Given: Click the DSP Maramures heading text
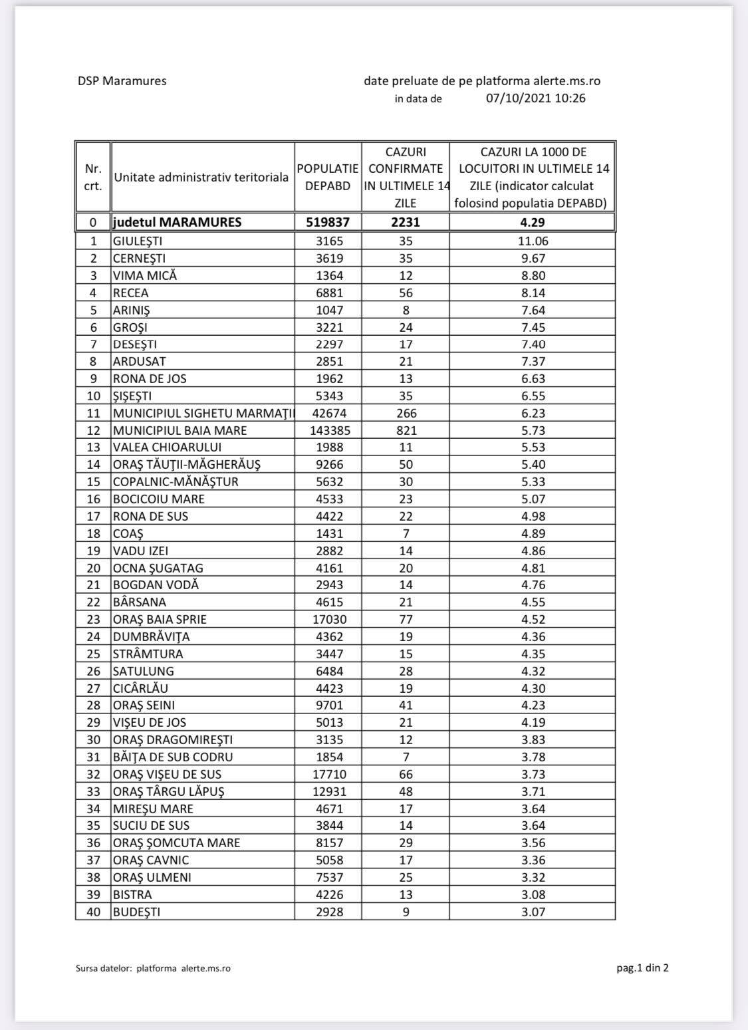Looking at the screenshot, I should click(122, 81).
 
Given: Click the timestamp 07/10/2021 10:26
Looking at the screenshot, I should click(535, 98).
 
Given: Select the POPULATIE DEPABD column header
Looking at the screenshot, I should click(328, 178).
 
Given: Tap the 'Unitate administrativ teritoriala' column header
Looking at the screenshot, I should click(201, 178).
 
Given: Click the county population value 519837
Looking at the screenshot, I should click(328, 222).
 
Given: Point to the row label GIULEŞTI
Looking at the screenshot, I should click(138, 241).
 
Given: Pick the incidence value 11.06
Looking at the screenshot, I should click(533, 241).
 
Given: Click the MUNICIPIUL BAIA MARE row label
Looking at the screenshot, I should click(180, 430).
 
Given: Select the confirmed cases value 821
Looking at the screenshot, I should click(406, 430).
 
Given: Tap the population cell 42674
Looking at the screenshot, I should click(328, 413).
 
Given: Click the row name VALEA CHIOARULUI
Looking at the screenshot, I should click(167, 448).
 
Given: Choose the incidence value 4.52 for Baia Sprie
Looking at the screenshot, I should click(533, 619).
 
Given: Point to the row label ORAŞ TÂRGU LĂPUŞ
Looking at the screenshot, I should click(168, 791).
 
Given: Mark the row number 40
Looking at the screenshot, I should click(93, 912).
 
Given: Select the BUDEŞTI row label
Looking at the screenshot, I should click(136, 912).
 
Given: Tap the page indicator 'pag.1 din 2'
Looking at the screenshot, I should click(642, 967).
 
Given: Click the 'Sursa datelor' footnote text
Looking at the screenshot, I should click(153, 968).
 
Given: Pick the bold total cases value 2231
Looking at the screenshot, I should click(406, 222).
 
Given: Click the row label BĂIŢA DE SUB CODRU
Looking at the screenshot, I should click(173, 757).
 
